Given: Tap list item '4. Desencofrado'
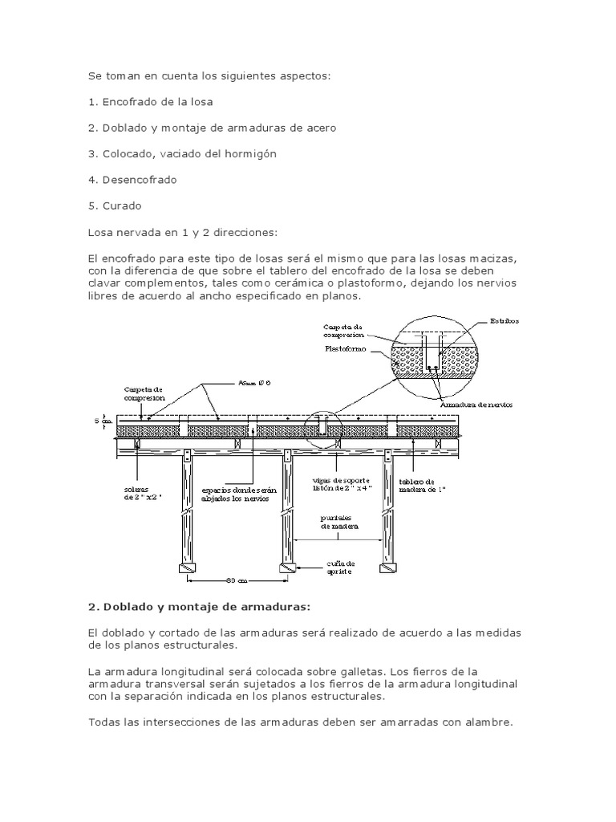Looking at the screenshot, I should pyautogui.click(x=132, y=180).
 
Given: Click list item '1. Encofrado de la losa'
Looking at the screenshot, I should pyautogui.click(x=151, y=102).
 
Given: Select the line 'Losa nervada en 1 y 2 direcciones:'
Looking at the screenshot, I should pyautogui.click(x=182, y=232).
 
